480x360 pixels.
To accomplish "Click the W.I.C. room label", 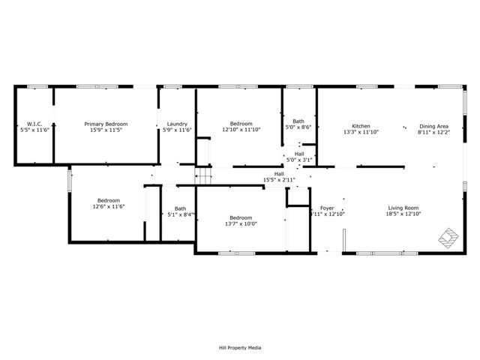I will click(x=33, y=124).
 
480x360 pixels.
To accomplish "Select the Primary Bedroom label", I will click(x=106, y=124).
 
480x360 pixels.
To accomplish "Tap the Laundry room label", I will click(x=177, y=124).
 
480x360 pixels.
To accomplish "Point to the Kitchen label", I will click(x=361, y=125).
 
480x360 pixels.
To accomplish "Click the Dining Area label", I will click(x=433, y=125).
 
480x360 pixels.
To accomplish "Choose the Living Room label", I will click(x=403, y=208).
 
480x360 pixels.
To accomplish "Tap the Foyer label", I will click(x=327, y=208).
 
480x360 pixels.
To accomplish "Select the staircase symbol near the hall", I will click(x=205, y=176).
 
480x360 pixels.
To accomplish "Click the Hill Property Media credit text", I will click(x=239, y=347).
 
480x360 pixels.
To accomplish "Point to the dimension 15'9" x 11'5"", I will click(x=106, y=130).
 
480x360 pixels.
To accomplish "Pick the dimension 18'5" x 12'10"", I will click(x=403, y=214).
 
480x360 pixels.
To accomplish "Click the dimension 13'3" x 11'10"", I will click(x=361, y=132).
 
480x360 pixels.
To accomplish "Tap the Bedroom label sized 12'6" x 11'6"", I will click(x=109, y=199).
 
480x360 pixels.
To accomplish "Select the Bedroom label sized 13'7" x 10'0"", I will click(x=241, y=217).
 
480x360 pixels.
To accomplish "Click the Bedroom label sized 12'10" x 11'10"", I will click(x=241, y=124).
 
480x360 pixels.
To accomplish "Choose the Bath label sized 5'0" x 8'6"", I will click(x=298, y=121).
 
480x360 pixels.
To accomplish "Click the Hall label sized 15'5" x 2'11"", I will click(x=279, y=173).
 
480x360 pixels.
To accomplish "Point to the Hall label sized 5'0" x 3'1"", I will click(x=299, y=153).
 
